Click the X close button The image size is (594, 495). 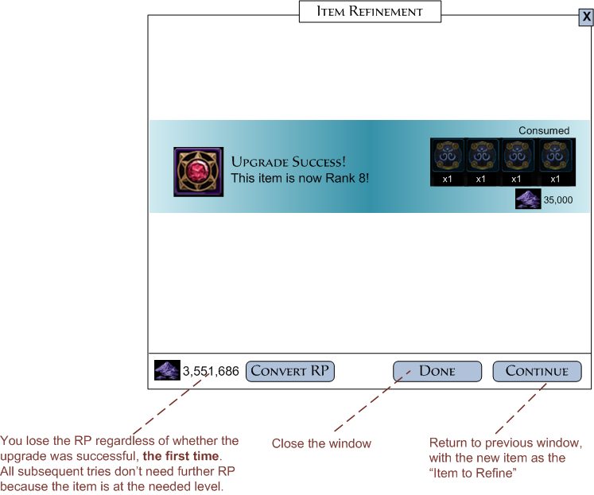point(585,18)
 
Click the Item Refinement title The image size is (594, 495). point(370,12)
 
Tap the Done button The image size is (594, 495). point(437,371)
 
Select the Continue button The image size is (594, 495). point(537,371)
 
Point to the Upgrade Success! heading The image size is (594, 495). point(288,161)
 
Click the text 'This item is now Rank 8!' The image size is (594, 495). point(300,178)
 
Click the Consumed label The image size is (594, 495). point(544,130)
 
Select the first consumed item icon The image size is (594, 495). point(447,157)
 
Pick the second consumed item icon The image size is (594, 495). point(481,157)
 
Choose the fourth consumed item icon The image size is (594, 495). point(557,157)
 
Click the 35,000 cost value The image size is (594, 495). point(557,200)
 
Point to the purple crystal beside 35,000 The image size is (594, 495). point(527,199)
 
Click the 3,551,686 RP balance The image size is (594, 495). point(211,371)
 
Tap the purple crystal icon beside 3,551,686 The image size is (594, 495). point(166,370)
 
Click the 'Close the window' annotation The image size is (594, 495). point(321,443)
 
